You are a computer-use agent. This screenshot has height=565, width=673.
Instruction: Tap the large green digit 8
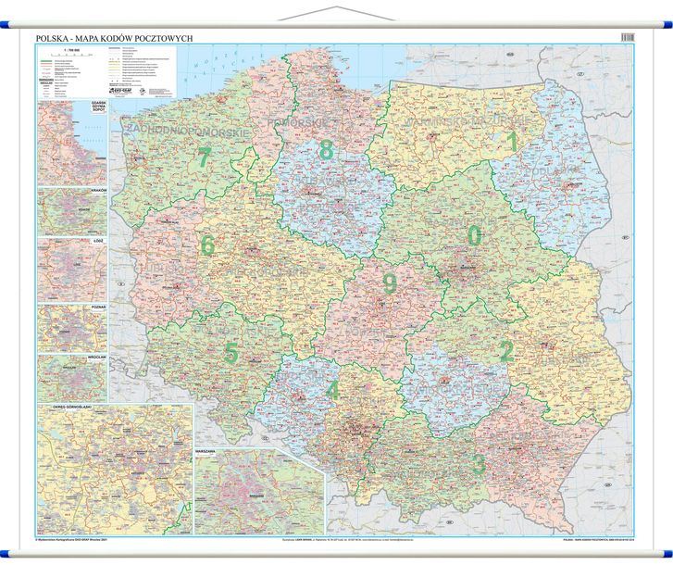[325, 148]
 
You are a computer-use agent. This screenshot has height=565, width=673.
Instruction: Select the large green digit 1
[511, 142]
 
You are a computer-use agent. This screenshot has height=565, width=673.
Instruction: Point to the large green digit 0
[474, 236]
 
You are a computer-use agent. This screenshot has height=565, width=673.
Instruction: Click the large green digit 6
[207, 245]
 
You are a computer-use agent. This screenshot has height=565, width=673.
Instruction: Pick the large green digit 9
[389, 283]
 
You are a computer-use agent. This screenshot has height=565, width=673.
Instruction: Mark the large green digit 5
[231, 353]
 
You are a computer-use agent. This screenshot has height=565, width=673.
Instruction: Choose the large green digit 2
[505, 351]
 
